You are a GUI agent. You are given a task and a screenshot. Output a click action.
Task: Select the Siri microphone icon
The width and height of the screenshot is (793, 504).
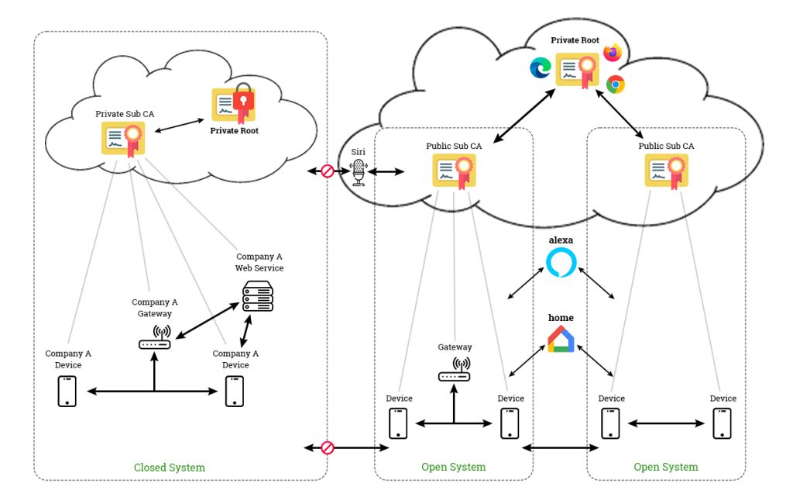(x=357, y=173)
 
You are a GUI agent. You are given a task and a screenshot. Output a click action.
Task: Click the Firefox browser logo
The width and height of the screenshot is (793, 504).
(x=613, y=52)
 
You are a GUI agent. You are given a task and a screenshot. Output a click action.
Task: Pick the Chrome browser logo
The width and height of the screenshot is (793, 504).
(x=616, y=85)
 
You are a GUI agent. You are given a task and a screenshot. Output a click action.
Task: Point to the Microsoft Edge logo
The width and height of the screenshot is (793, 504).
(x=540, y=68)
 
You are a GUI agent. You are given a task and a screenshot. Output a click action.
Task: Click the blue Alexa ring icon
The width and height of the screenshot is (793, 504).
(x=561, y=263)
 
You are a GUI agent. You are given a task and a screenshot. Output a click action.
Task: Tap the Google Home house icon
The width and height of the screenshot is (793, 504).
(x=561, y=340)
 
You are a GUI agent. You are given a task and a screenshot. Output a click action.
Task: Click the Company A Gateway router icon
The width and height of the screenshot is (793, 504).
(x=155, y=339)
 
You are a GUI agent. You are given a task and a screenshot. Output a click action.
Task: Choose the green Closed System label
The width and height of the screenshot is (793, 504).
(x=170, y=468)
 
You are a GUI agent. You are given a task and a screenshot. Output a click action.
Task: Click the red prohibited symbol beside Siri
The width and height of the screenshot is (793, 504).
(x=327, y=171)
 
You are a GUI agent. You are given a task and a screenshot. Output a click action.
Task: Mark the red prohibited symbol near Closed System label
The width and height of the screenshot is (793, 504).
(x=327, y=447)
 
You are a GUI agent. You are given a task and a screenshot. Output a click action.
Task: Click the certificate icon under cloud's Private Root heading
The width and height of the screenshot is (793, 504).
(x=578, y=69)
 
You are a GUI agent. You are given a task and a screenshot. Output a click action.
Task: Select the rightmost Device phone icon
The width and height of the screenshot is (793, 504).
(x=723, y=423)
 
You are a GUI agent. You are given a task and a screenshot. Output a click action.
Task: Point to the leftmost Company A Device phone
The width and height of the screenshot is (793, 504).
(x=67, y=391)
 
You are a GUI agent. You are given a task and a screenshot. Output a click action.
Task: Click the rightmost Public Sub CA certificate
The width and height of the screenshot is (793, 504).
(x=666, y=171)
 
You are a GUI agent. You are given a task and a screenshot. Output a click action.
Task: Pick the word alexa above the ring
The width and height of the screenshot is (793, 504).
(x=561, y=241)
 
